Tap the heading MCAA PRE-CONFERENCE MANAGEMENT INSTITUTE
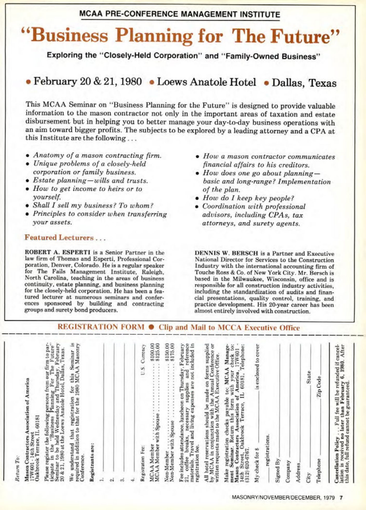click(180, 14)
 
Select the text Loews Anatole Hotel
click(207, 82)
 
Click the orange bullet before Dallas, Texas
click(266, 83)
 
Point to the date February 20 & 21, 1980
click(88, 82)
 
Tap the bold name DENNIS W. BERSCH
click(226, 253)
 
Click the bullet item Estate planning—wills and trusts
click(90, 180)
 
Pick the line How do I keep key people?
click(248, 198)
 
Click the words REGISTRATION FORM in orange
click(101, 327)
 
